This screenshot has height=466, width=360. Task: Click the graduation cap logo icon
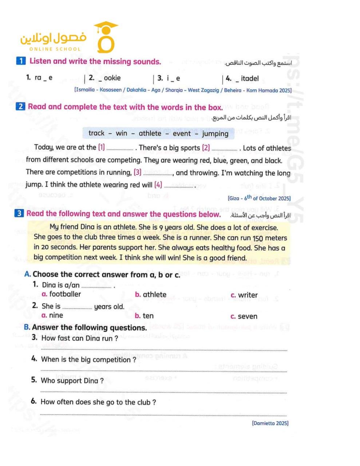click(x=106, y=37)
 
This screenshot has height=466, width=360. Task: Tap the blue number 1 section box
click(x=21, y=61)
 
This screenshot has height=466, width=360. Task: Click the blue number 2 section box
click(x=20, y=106)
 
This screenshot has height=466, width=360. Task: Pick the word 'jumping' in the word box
click(x=215, y=134)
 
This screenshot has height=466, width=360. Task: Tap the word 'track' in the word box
click(x=96, y=133)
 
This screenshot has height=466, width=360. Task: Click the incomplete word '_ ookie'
click(x=110, y=78)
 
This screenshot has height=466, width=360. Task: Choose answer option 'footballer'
click(x=65, y=294)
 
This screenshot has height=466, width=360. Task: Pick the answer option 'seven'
click(x=247, y=316)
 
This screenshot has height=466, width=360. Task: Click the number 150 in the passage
click(x=258, y=238)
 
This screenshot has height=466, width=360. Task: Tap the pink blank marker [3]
click(x=138, y=172)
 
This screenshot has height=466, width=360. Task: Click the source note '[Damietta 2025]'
click(x=270, y=423)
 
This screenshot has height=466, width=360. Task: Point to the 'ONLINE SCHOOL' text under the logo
click(x=55, y=49)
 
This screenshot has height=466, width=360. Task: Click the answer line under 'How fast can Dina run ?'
click(x=164, y=350)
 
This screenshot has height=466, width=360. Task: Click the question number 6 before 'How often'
click(x=34, y=401)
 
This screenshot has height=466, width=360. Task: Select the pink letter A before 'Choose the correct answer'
click(x=27, y=274)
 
